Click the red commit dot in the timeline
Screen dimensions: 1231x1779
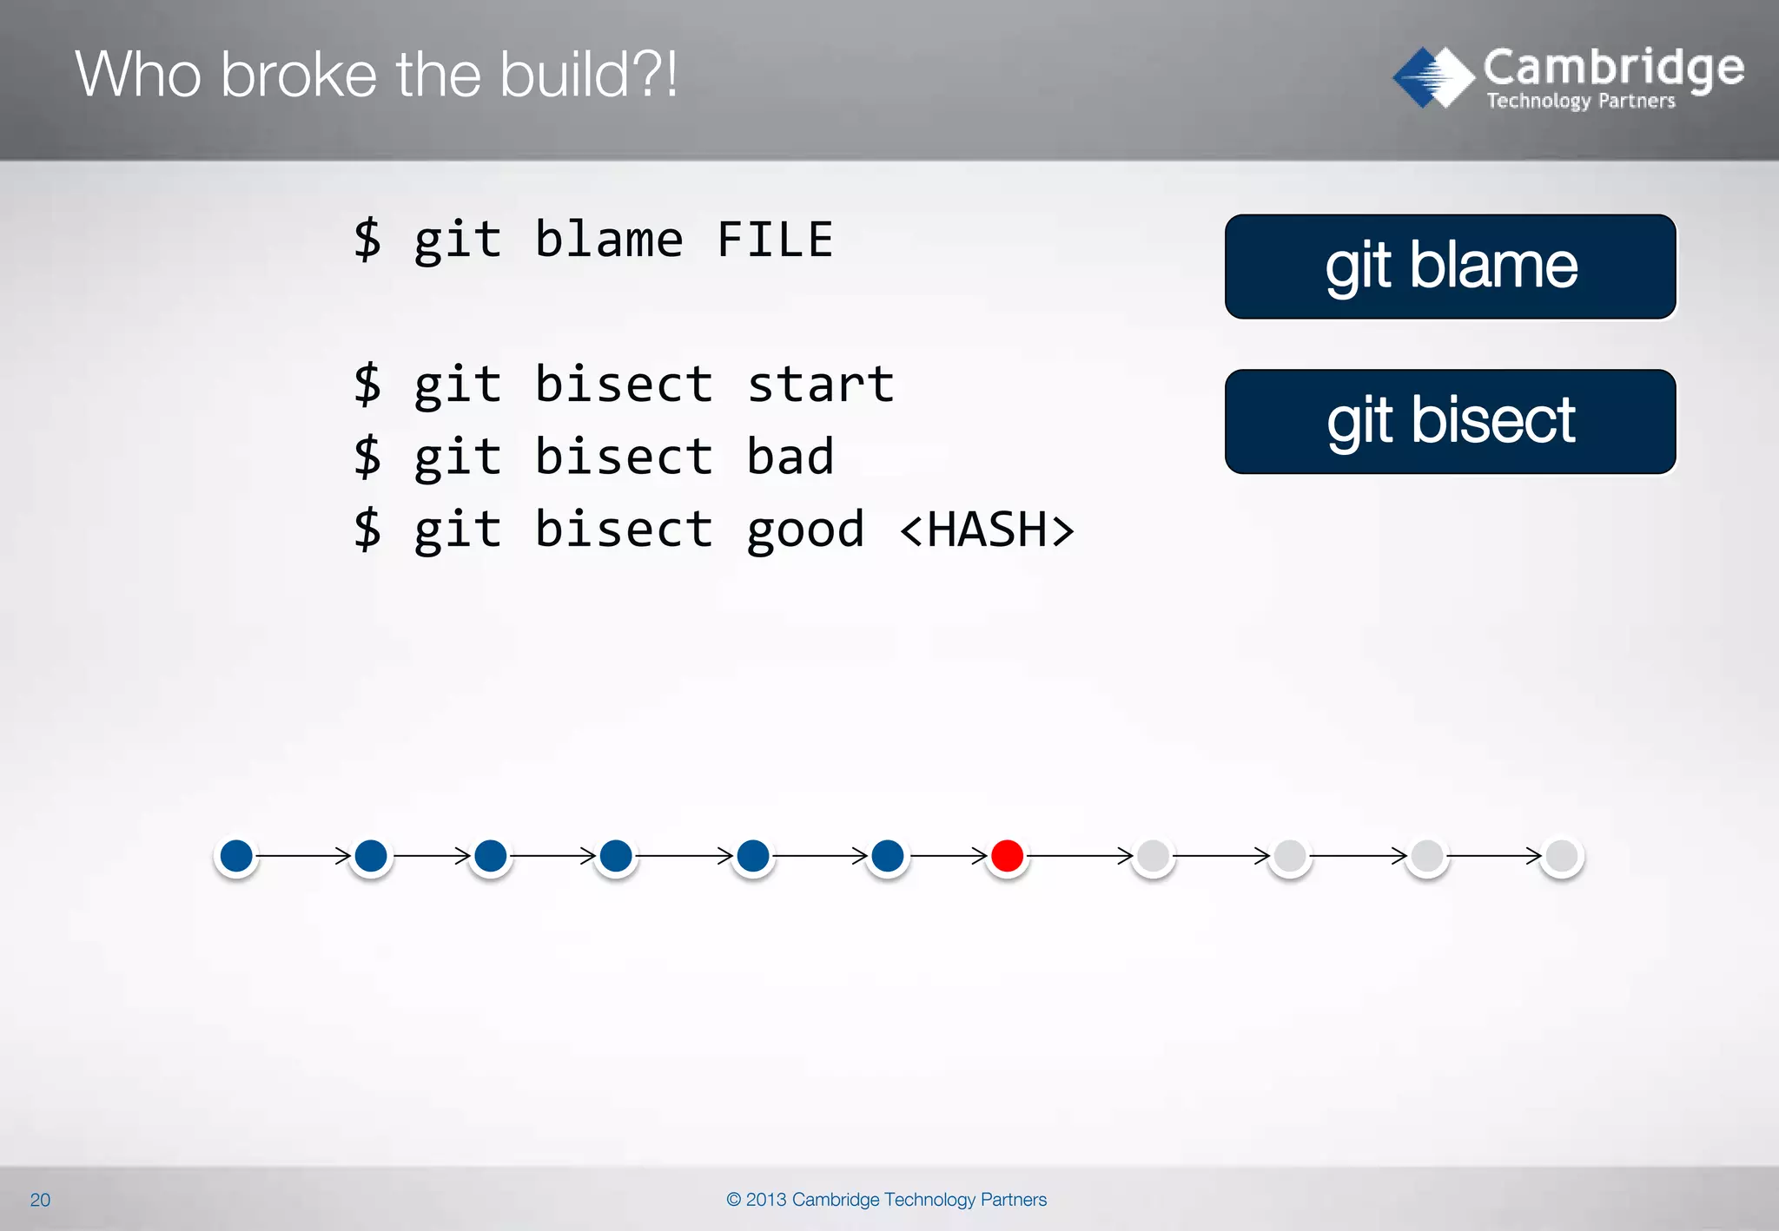1007,856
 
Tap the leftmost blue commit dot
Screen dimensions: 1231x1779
236,856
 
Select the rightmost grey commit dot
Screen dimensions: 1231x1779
1562,856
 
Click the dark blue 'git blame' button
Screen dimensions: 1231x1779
1450,267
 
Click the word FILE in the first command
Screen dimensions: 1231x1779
774,240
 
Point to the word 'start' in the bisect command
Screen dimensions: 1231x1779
820,385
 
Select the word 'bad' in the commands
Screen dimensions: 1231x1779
790,458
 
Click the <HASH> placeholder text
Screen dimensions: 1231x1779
987,530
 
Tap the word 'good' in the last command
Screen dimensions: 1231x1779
805,531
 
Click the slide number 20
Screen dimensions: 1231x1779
40,1200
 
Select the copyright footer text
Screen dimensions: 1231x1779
886,1200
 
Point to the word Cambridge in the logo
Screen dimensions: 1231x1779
1613,68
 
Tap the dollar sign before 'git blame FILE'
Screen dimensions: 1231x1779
367,240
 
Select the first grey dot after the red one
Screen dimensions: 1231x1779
1153,856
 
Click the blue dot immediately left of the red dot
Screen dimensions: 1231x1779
887,856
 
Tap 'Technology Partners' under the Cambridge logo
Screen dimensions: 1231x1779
1580,102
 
